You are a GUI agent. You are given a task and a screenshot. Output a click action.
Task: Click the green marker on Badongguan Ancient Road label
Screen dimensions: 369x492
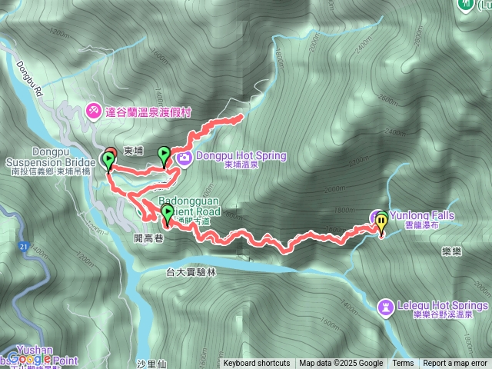pos(168,214)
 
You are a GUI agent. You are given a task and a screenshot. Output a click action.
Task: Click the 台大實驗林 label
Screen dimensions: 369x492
pos(191,271)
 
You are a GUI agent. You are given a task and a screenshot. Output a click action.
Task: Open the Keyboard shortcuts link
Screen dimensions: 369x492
pos(257,364)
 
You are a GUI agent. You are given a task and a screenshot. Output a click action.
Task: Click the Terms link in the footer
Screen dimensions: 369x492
pos(403,364)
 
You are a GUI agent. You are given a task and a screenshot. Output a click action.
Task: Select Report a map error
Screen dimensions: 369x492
pos(455,364)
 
